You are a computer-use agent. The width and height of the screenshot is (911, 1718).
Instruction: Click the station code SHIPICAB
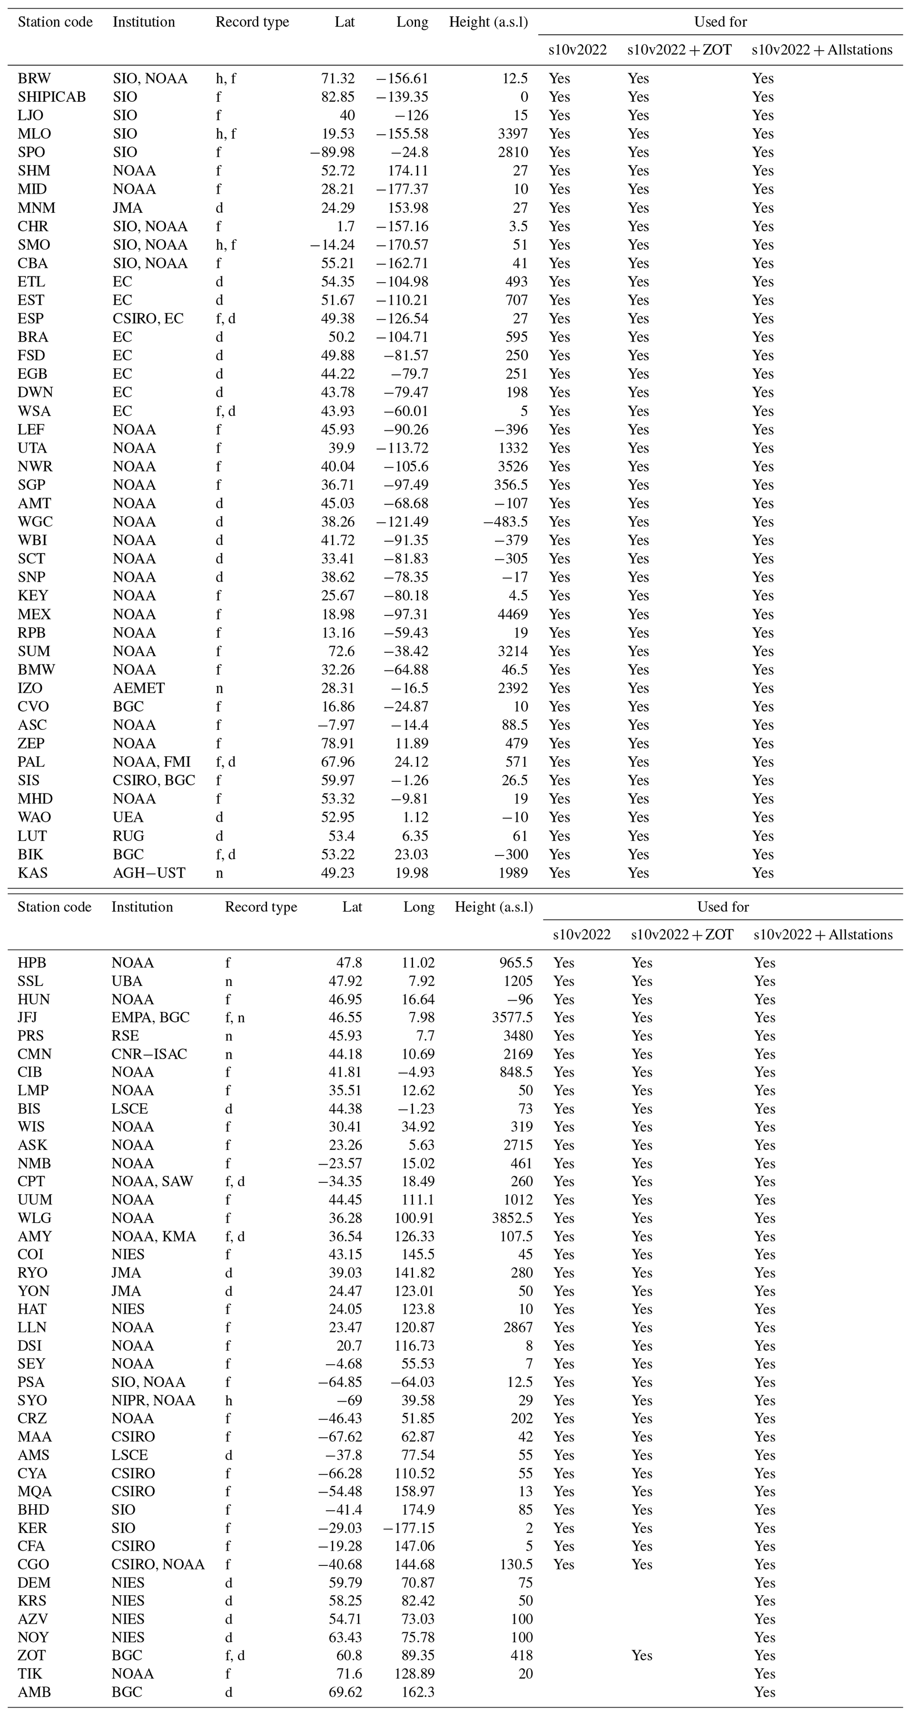(x=52, y=97)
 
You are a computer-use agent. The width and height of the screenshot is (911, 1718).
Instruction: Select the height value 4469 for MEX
(x=513, y=614)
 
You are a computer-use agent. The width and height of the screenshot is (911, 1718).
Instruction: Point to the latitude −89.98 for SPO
(x=332, y=152)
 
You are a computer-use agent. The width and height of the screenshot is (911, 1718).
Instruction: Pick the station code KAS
(x=33, y=873)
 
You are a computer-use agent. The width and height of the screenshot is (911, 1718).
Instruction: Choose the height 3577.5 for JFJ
(x=510, y=1018)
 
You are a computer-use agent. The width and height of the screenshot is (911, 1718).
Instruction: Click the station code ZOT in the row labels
(x=32, y=1655)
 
